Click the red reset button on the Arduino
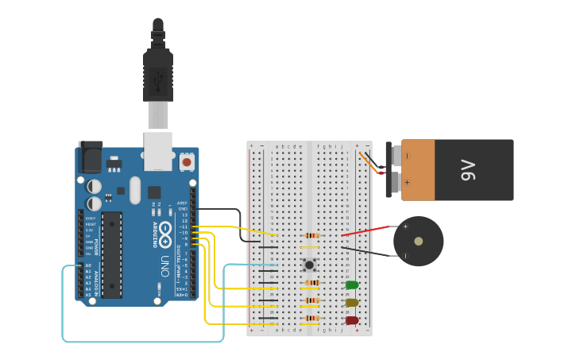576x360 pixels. tap(187, 162)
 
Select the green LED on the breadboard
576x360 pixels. tap(351, 285)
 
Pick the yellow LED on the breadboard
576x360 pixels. tap(351, 303)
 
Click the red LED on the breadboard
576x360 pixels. tap(351, 321)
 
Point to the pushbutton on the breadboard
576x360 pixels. tap(308, 265)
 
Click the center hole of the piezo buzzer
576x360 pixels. tap(418, 241)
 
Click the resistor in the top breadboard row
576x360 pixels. tap(311, 235)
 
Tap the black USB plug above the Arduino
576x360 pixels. tap(157, 75)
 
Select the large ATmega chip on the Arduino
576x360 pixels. tap(111, 254)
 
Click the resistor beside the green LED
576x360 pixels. tap(312, 283)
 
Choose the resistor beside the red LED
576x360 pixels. tap(312, 319)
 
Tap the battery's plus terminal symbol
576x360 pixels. tap(407, 182)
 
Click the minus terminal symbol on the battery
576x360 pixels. tap(407, 156)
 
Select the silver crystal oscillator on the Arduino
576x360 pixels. tap(134, 190)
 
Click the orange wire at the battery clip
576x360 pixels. tap(369, 162)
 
